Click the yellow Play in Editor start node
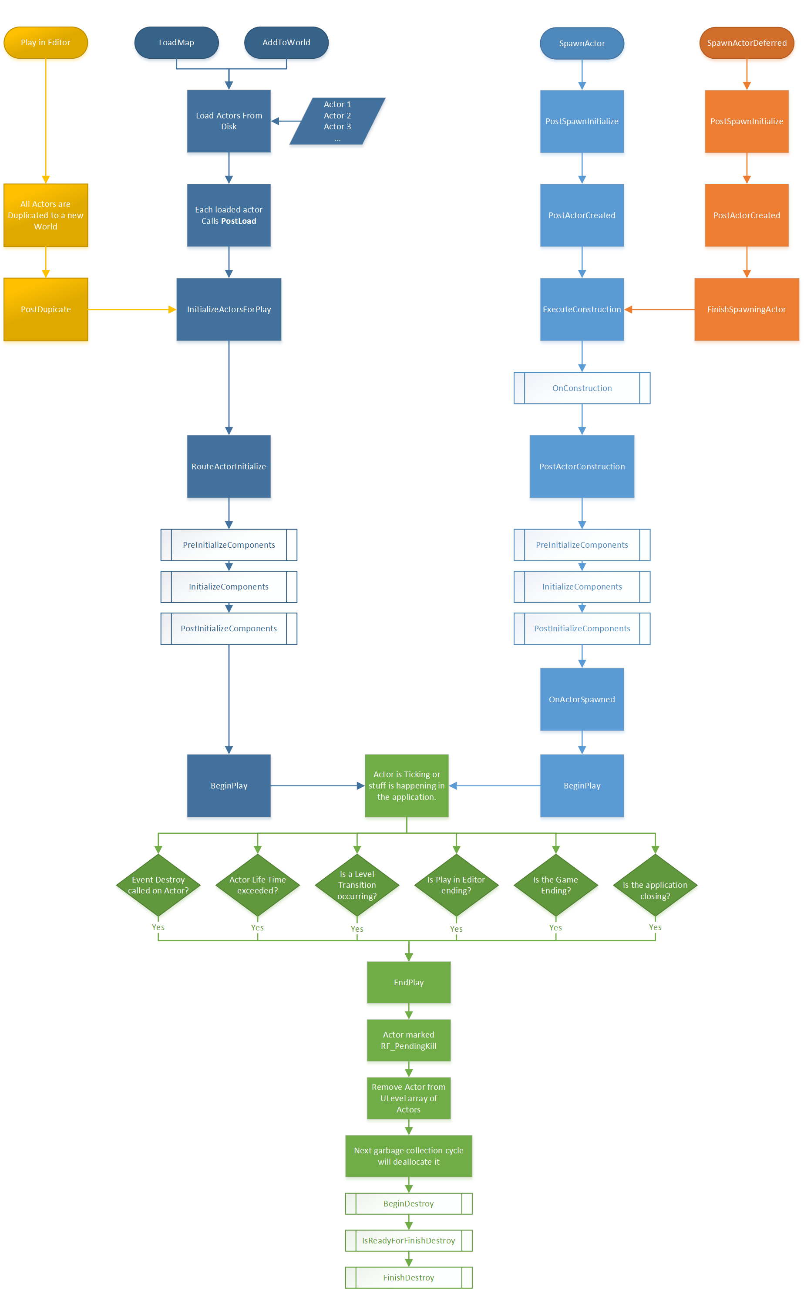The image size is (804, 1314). click(x=46, y=43)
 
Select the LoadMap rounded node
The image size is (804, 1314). click(x=176, y=43)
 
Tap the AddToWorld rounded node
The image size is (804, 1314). click(x=286, y=43)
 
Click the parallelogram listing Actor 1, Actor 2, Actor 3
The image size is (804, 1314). click(x=337, y=121)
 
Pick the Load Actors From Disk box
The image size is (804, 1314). click(x=229, y=121)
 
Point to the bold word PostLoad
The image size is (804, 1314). click(x=239, y=221)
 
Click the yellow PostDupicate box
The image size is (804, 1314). click(x=46, y=309)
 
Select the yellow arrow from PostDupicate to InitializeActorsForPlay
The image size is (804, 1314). click(x=131, y=309)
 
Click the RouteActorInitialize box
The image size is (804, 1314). click(x=229, y=466)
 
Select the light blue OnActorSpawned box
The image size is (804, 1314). click(x=582, y=699)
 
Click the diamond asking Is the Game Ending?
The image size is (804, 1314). click(x=555, y=885)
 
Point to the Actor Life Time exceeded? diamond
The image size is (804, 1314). click(x=258, y=885)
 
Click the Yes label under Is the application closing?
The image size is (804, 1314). click(x=655, y=927)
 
